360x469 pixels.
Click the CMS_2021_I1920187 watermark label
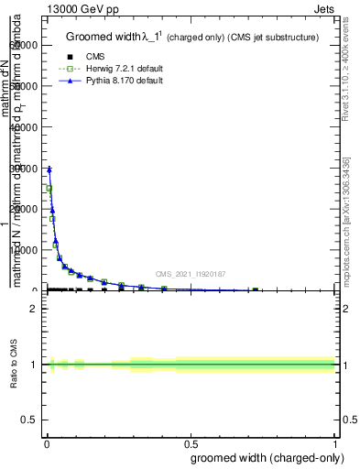point(191,274)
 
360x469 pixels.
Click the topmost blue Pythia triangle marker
point(49,169)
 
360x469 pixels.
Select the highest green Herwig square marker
point(49,189)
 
